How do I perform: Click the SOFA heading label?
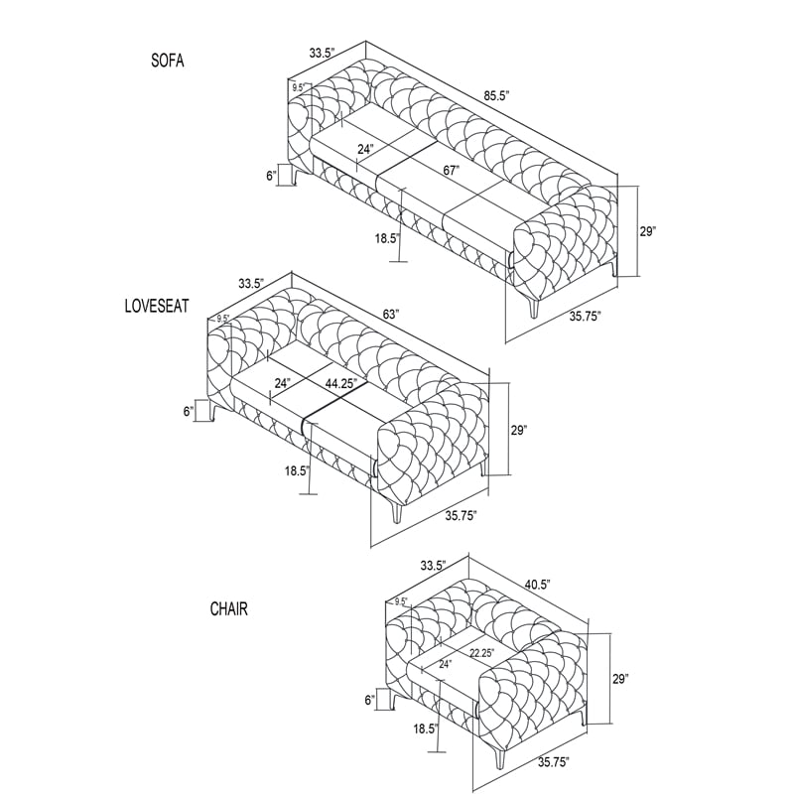pyautogui.click(x=168, y=61)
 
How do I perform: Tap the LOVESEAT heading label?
pyautogui.click(x=157, y=306)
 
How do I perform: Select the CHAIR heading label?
pyautogui.click(x=229, y=608)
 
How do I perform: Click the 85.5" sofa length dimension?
pyautogui.click(x=495, y=96)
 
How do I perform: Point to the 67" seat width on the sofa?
pyautogui.click(x=451, y=171)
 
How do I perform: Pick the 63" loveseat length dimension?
pyautogui.click(x=391, y=314)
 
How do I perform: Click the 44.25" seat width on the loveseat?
pyautogui.click(x=341, y=383)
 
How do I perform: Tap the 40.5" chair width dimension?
pyautogui.click(x=537, y=585)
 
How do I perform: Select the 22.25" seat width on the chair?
pyautogui.click(x=481, y=653)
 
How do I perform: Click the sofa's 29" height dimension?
pyautogui.click(x=647, y=231)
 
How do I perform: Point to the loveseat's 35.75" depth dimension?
pyautogui.click(x=461, y=516)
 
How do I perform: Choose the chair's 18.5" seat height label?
pyautogui.click(x=426, y=729)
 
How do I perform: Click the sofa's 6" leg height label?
pyautogui.click(x=272, y=176)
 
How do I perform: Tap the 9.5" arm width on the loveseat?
pyautogui.click(x=222, y=319)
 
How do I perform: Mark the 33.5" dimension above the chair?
pyautogui.click(x=433, y=565)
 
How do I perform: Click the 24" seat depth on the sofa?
pyautogui.click(x=365, y=150)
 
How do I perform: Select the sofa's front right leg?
pyautogui.click(x=534, y=308)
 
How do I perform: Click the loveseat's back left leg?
pyautogui.click(x=215, y=410)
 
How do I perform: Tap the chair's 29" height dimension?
pyautogui.click(x=619, y=679)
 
